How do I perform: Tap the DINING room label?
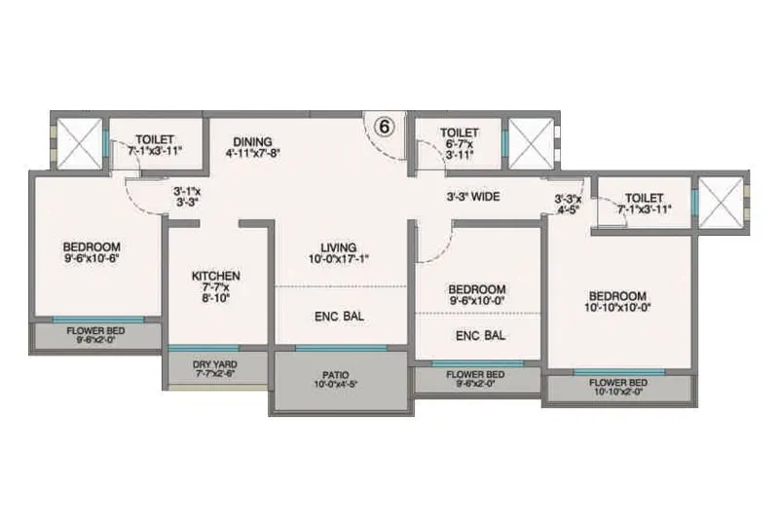[252, 140]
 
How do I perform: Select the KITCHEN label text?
[215, 276]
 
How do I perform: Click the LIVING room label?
[339, 246]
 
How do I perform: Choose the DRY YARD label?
[215, 363]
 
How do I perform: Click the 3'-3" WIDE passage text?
[473, 197]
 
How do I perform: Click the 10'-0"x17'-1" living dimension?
[339, 258]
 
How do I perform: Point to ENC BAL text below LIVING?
[339, 316]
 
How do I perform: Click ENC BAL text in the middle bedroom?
[480, 335]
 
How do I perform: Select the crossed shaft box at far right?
[723, 204]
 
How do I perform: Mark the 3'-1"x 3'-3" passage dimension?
[186, 197]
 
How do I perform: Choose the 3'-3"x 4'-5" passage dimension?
[569, 203]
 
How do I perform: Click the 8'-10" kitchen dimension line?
[215, 300]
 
